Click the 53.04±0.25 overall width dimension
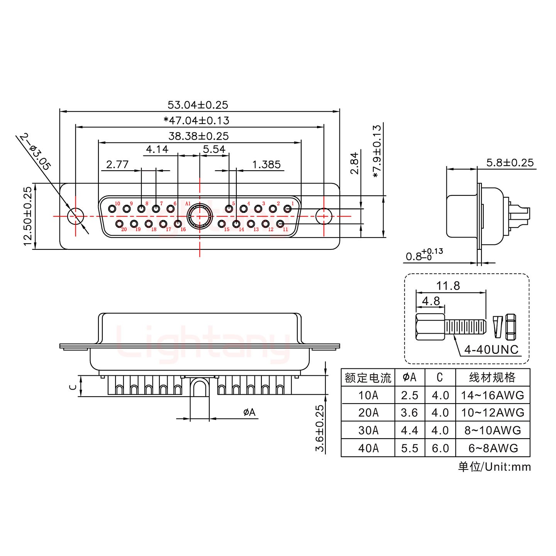click(198, 105)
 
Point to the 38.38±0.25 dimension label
click(198, 136)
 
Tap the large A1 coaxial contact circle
click(199, 216)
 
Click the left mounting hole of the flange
click(76, 216)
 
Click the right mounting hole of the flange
click(324, 216)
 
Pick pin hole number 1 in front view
click(287, 209)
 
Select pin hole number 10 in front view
click(112, 209)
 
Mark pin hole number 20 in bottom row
click(119, 224)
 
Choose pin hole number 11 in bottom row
click(281, 224)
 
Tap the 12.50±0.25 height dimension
click(27, 217)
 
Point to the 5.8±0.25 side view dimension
click(510, 163)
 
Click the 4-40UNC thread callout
click(491, 350)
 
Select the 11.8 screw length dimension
click(448, 286)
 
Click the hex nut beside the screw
click(511, 324)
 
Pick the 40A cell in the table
click(368, 448)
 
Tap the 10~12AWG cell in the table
click(493, 413)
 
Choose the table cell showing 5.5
click(409, 448)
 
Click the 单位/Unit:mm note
click(494, 467)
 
